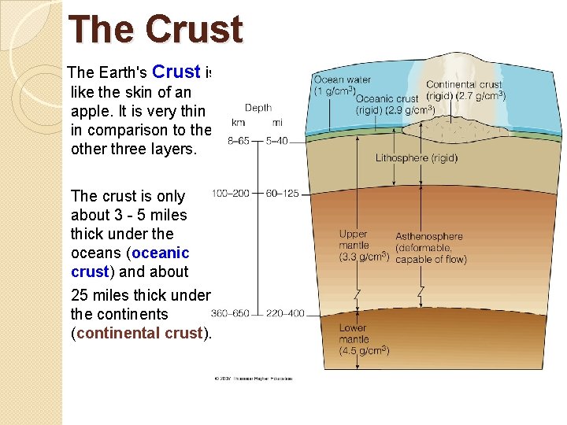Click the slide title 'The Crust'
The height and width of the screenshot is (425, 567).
[156, 31]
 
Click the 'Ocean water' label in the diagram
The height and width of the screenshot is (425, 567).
[343, 79]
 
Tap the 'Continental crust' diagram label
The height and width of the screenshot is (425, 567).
[464, 84]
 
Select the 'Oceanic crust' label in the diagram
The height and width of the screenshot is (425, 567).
[387, 98]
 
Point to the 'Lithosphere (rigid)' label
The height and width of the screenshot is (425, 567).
[417, 157]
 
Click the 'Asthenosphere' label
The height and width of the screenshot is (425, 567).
[429, 236]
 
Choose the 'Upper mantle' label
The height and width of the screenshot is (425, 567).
[354, 239]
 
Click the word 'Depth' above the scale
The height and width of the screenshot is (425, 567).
[258, 108]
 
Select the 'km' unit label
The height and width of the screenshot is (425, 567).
[238, 122]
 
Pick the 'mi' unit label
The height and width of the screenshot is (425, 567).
[278, 122]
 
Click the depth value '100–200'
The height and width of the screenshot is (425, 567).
[231, 193]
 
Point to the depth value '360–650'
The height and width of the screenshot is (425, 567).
[230, 313]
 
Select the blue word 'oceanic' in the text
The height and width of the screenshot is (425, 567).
[161, 253]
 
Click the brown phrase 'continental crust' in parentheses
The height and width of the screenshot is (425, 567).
[139, 333]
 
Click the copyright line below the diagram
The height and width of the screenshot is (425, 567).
[253, 379]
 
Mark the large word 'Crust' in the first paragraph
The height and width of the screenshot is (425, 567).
[176, 72]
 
